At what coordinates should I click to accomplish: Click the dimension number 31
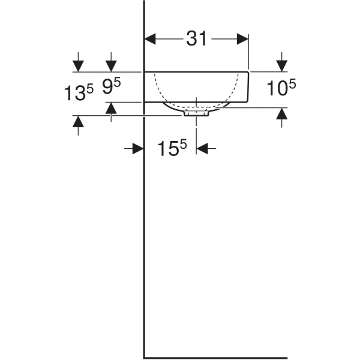click(196, 39)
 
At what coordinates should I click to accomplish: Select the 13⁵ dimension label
click(79, 93)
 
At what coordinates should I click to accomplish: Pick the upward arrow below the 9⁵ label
click(111, 109)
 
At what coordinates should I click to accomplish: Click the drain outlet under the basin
click(196, 112)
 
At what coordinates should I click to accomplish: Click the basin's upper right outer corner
click(248, 71)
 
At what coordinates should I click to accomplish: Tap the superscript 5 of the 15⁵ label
click(184, 143)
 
